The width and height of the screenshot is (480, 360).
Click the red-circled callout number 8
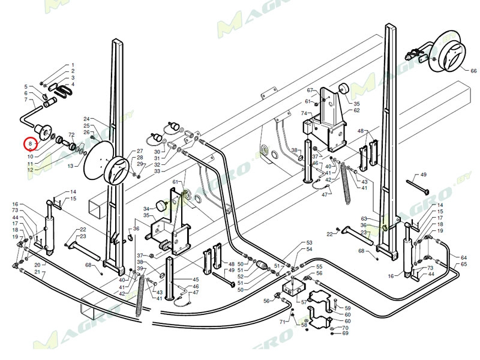pos(30,144)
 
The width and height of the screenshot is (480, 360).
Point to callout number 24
pos(86,119)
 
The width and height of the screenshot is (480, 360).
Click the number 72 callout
pos(71,134)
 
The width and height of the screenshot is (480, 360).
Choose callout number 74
pos(304,113)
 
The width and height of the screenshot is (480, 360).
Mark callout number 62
pos(356,110)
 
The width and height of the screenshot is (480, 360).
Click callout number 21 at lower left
pos(37,272)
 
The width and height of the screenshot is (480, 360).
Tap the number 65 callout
pos(463,264)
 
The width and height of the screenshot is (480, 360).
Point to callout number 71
pos(281,322)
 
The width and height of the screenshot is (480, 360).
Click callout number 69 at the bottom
pos(345,333)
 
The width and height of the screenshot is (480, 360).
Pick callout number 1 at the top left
pos(73,65)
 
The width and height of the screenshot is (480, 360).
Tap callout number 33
pos(157,171)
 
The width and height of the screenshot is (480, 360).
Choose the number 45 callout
pos(196,280)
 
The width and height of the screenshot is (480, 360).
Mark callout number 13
pos(70,165)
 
